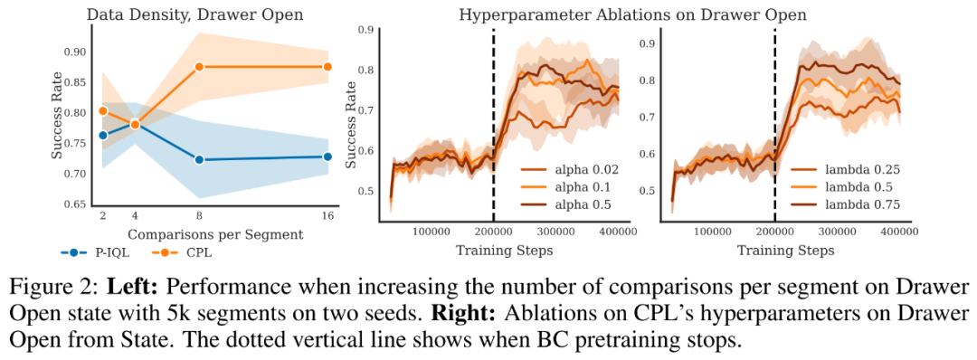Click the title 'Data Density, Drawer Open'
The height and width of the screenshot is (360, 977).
(x=194, y=13)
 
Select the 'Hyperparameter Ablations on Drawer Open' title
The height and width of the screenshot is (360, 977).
(x=632, y=14)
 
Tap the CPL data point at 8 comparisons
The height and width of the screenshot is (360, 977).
(x=200, y=67)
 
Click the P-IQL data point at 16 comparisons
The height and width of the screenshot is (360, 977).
(x=327, y=156)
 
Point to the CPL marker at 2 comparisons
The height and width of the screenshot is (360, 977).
(x=103, y=111)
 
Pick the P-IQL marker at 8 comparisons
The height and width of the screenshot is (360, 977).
(x=200, y=160)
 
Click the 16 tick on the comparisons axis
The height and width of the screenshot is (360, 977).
(x=327, y=215)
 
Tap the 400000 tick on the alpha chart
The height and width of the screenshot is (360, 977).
(x=618, y=231)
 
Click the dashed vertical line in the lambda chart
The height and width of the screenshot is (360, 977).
(x=775, y=125)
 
